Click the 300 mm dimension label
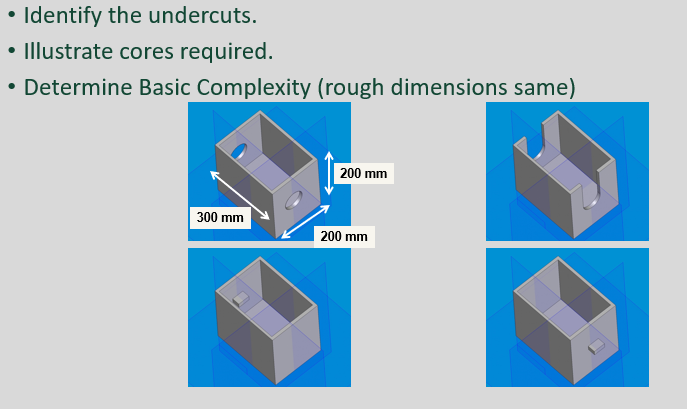(220, 217)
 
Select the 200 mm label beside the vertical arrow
(363, 174)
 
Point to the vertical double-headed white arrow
(330, 174)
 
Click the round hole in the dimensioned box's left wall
(240, 153)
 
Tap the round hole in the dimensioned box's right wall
(294, 200)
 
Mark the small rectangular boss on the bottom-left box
(238, 297)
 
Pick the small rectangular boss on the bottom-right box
(595, 346)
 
